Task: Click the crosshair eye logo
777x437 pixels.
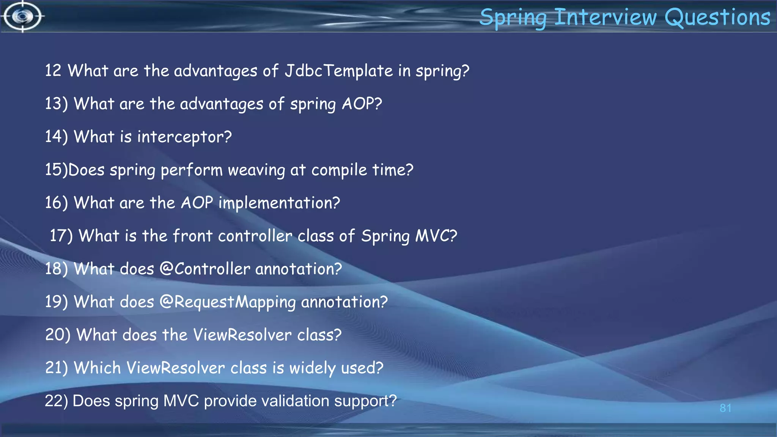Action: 23,16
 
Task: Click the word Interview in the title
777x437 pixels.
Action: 605,17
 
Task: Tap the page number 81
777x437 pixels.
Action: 725,408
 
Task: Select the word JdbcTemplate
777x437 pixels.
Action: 338,71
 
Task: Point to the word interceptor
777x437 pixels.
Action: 184,137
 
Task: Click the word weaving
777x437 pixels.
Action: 256,170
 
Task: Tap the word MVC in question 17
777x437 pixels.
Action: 436,236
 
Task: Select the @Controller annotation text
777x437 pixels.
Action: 204,269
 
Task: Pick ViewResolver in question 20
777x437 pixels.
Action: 242,335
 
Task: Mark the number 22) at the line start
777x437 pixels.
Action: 56,401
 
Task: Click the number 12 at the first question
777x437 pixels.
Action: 53,71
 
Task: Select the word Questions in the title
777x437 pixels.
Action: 717,17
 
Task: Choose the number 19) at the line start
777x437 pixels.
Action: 56,302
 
